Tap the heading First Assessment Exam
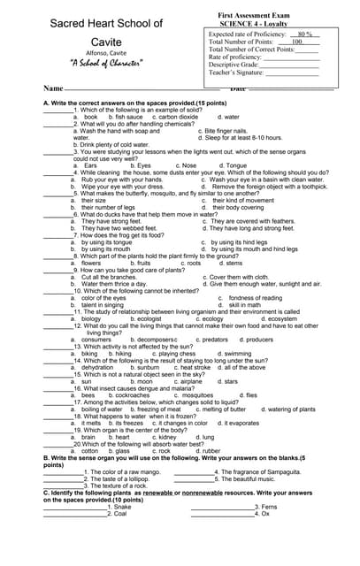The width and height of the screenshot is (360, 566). click(254, 16)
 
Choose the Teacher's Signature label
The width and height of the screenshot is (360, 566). click(236, 73)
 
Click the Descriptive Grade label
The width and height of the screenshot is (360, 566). click(234, 65)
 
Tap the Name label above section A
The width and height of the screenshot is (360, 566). click(53, 89)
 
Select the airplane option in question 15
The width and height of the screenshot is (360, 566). click(188, 381)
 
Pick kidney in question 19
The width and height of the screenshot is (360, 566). click(165, 437)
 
